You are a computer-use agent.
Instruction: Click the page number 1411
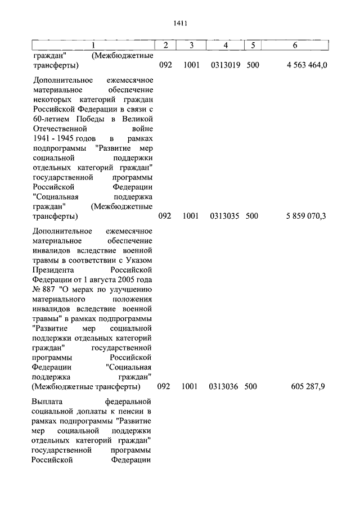pos(180,23)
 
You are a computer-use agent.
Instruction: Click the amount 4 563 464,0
pos(306,65)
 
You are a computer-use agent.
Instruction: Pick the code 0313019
pos(225,65)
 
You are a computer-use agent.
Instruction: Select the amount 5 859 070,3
pos(306,215)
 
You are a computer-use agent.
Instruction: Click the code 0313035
pos(225,215)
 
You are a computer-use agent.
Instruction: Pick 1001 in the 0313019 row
pos(191,65)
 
